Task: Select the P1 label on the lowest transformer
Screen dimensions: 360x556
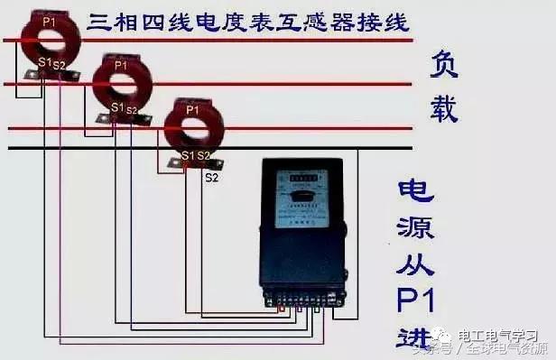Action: pos(191,109)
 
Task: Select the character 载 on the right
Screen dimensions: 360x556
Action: pos(442,107)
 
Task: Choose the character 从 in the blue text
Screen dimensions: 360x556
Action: pos(417,267)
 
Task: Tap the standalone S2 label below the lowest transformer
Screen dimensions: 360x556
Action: pos(212,178)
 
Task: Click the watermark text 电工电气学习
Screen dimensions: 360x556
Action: pos(500,336)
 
